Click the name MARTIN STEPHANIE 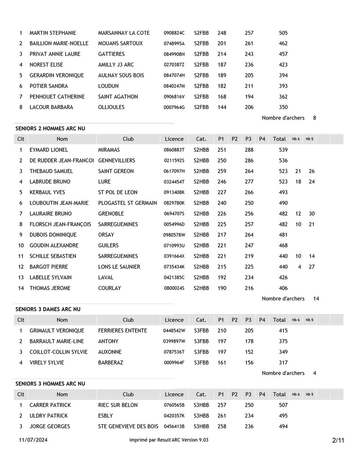coord(53,33)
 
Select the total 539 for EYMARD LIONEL coord(283,150)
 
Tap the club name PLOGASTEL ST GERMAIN coord(127,203)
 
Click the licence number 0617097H coord(174,171)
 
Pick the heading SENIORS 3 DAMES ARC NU coord(48,309)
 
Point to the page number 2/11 coord(338,440)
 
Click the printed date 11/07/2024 coord(33,440)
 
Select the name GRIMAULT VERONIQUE coord(57,331)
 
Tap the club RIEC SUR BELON coord(118,405)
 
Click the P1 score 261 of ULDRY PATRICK coord(221,416)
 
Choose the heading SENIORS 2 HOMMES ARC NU coord(50,129)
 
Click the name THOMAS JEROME coord(50,288)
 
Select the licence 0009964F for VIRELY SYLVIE coord(174,363)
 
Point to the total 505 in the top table coord(283,33)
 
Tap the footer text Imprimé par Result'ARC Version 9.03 coord(169,440)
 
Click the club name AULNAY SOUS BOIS coord(121,76)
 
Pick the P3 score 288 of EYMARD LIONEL coord(249,150)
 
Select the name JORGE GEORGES coord(49,427)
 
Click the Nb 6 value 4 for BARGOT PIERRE coord(300,267)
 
